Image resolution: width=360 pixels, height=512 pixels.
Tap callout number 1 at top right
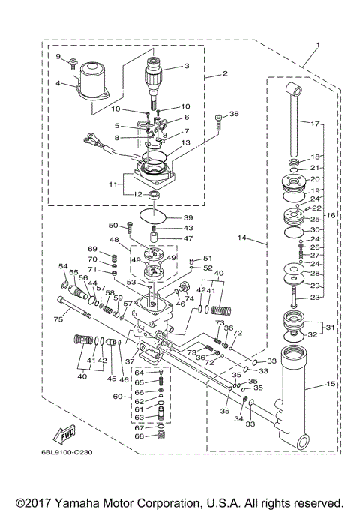pos(317,46)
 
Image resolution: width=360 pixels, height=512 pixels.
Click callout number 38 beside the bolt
pos(234,115)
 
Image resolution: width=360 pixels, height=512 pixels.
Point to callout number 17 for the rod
pos(316,122)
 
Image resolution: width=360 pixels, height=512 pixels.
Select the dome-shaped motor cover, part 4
pos(94,81)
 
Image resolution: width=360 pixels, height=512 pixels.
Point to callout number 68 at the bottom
pos(139,436)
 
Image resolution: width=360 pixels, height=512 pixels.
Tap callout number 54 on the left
pos(63,266)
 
